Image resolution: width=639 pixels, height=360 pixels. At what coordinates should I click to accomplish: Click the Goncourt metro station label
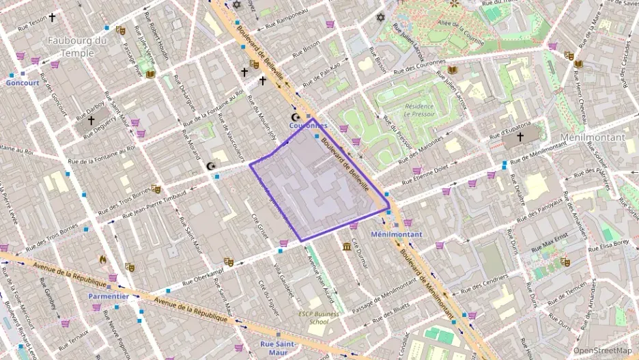23,83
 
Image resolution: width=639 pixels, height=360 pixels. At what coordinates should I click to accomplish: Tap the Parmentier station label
108,296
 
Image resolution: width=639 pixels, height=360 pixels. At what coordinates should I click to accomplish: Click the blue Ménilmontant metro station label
396,234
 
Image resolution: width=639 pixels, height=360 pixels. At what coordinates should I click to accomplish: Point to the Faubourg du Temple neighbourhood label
77,46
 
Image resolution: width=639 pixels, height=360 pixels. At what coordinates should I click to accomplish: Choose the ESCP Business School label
319,318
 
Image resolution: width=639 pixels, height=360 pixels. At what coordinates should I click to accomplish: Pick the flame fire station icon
103,259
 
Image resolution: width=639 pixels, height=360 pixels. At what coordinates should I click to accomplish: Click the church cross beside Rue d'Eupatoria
520,137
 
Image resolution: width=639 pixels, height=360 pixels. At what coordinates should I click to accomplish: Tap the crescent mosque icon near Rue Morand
210,166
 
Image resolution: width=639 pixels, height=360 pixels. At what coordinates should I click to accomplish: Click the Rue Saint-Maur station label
278,348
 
